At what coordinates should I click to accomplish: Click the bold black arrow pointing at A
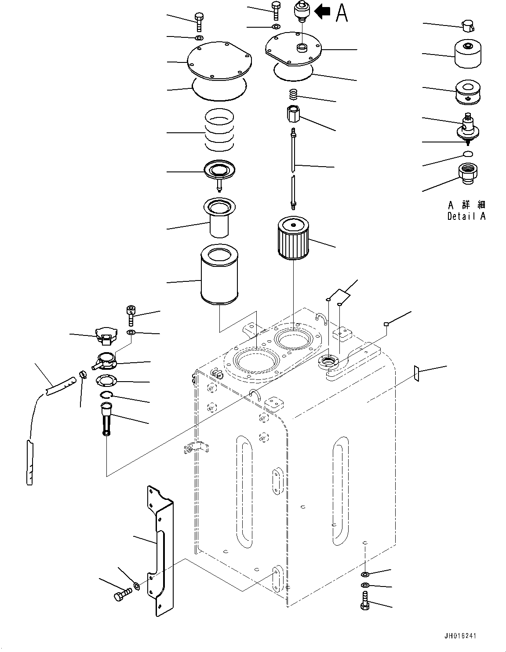coord(323,12)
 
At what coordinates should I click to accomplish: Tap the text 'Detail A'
coord(466,216)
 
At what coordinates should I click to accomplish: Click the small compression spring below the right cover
coord(293,94)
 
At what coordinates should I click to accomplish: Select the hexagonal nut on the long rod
coord(293,115)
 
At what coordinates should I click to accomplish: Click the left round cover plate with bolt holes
coord(218,63)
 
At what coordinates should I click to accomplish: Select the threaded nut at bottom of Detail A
coord(467,171)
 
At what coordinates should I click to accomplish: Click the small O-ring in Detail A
coord(468,154)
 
